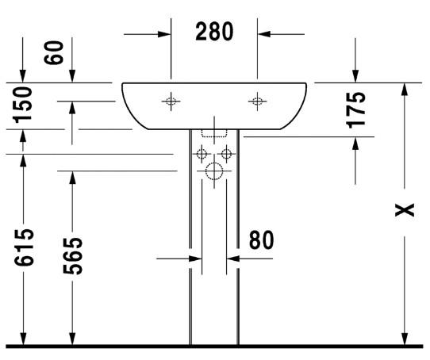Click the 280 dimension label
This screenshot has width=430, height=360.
pos(214,33)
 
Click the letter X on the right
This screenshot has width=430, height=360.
pos(405,210)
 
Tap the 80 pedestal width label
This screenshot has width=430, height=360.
pos(260,239)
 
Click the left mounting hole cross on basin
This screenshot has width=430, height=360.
pos(171,101)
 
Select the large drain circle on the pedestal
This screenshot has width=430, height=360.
pos(214,171)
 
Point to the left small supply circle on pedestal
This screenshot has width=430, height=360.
pos(202,154)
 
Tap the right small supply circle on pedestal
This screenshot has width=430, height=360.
pos(226,154)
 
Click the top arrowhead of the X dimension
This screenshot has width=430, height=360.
pos(405,89)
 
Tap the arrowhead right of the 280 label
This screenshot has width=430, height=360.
pos(264,33)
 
